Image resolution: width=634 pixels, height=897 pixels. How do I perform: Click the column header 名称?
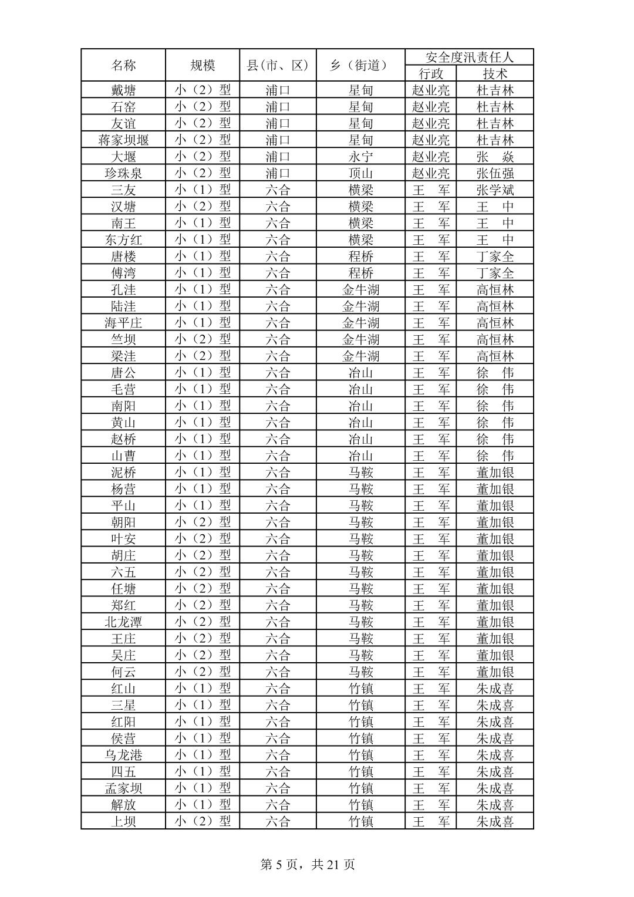coord(123,65)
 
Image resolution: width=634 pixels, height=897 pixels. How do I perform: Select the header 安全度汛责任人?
coord(469,57)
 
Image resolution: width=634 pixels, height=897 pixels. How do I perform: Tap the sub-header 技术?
coord(495,74)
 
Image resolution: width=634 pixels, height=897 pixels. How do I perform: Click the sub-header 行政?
coord(431,74)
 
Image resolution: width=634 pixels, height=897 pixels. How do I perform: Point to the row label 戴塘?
coord(123,90)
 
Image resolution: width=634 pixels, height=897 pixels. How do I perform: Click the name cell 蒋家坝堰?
coord(123,140)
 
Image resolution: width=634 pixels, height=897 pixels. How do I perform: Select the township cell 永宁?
coord(360,157)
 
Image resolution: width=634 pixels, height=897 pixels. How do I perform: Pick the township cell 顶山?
coord(360,173)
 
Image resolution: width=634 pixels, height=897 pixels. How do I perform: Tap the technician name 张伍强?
coord(495,173)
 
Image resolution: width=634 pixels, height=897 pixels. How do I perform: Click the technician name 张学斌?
coord(495,190)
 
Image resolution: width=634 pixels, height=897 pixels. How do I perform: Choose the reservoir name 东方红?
coord(123,240)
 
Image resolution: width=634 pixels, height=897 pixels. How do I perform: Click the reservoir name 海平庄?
coord(123,323)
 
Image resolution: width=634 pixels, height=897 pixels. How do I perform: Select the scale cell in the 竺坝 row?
coord(203,339)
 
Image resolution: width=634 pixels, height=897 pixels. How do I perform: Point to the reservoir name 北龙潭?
coord(123,622)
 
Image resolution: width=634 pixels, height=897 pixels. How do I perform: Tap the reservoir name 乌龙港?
coord(123,755)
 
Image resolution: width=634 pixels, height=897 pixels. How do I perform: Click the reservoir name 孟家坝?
coord(123,788)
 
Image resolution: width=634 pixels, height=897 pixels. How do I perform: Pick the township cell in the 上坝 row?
coord(360,821)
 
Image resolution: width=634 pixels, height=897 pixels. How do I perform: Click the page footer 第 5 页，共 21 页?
coord(308,864)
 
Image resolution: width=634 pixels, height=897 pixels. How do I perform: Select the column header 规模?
coord(203,65)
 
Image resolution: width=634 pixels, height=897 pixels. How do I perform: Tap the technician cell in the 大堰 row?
coord(495,157)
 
